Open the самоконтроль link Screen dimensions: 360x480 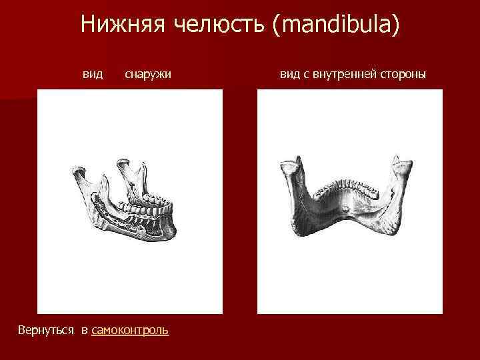click(130, 330)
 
